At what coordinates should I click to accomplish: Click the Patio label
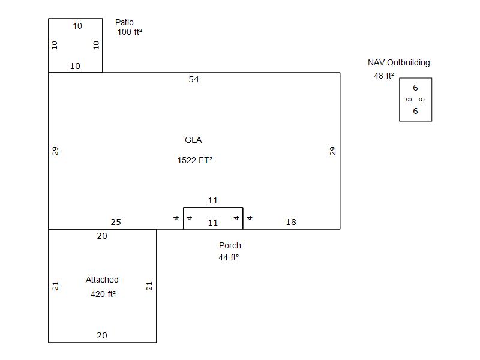124,23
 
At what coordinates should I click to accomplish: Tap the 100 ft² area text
130,32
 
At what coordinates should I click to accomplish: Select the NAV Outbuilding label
398,62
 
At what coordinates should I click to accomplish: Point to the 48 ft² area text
384,76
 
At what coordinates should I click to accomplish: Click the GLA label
193,140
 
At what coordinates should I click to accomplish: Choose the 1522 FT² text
194,160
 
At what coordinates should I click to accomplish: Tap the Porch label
230,245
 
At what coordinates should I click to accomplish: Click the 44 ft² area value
228,257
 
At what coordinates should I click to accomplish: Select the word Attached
102,280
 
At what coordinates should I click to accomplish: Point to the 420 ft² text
103,294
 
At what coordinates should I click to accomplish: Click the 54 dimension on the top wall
194,79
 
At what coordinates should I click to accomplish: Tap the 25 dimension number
116,222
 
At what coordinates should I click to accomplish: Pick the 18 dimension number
291,222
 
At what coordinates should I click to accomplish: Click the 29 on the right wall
333,151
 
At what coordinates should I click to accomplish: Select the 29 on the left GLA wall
56,151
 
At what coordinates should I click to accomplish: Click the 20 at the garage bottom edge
102,335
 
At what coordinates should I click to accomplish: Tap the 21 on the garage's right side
149,286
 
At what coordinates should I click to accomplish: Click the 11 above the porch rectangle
212,200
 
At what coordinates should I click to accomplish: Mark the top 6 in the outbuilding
415,88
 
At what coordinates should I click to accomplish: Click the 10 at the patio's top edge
77,26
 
